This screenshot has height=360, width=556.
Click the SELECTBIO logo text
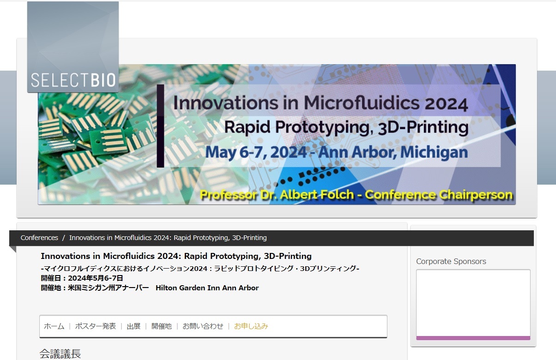click(x=73, y=80)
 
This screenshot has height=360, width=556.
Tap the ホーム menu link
click(x=54, y=326)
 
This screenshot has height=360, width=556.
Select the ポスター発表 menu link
click(x=95, y=326)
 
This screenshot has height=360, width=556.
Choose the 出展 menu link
click(x=133, y=326)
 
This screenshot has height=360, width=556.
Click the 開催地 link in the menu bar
click(x=162, y=326)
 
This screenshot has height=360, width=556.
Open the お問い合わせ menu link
click(x=203, y=326)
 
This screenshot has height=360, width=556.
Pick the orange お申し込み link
click(x=251, y=326)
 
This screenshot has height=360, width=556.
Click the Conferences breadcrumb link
click(x=39, y=238)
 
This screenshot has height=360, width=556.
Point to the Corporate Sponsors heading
click(x=451, y=261)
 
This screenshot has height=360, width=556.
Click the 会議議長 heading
click(x=60, y=354)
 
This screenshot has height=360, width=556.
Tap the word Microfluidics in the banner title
click(x=362, y=103)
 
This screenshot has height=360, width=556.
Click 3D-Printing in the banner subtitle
click(x=423, y=127)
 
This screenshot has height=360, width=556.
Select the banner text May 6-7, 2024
click(x=256, y=152)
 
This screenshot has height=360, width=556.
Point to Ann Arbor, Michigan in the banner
click(x=393, y=152)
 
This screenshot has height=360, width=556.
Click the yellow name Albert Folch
click(x=317, y=194)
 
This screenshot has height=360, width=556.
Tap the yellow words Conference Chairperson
click(x=439, y=195)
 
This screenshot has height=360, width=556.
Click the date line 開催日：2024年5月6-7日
click(x=82, y=278)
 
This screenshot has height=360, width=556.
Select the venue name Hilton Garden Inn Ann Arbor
click(x=207, y=288)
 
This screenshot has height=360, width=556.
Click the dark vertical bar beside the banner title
click(x=160, y=126)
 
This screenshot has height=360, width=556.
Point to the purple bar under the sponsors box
click(x=473, y=338)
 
